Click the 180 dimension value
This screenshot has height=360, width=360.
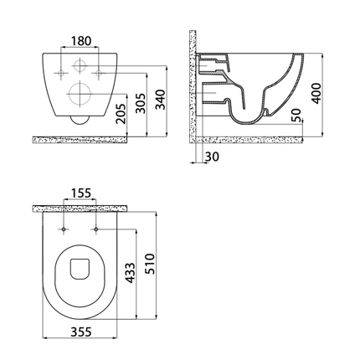[80, 41]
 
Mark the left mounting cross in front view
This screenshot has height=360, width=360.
[61, 72]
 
